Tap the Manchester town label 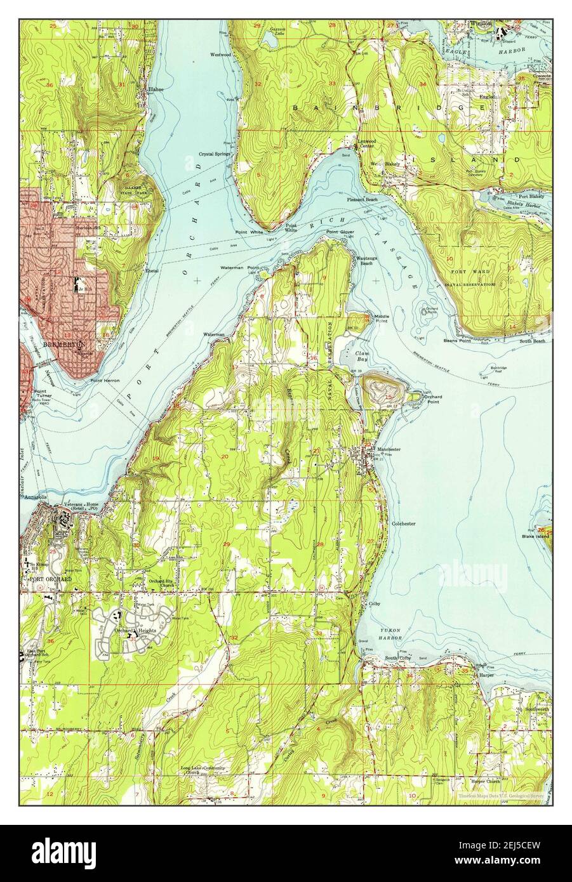pyautogui.click(x=389, y=449)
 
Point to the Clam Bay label pyautogui.click(x=362, y=356)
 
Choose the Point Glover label pyautogui.click(x=340, y=232)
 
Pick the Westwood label pyautogui.click(x=222, y=54)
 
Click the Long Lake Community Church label pyautogui.click(x=203, y=770)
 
